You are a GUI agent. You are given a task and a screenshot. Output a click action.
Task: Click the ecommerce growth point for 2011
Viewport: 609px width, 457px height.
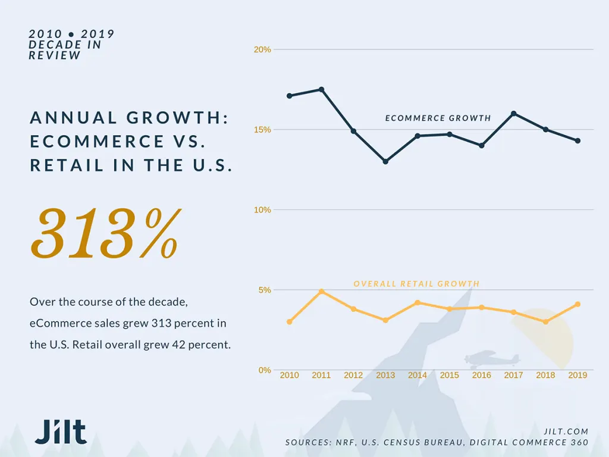tap(321, 90)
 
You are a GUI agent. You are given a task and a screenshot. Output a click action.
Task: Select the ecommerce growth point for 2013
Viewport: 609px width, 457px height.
tap(385, 161)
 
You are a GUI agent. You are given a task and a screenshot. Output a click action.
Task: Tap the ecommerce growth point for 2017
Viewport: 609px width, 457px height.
tap(513, 114)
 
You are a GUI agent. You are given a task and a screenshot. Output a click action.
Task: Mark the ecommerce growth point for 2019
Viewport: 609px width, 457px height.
tap(577, 140)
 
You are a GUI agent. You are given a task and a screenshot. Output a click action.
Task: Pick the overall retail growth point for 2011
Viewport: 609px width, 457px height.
tap(321, 292)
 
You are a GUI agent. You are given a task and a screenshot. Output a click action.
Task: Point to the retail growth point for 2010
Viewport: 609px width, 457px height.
tap(290, 322)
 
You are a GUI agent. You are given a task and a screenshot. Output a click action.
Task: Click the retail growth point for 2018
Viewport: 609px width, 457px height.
tap(546, 322)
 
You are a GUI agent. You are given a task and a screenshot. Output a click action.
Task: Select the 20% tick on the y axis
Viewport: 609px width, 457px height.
tap(262, 50)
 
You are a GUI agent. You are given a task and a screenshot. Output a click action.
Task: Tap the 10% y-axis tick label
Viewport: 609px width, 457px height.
tap(262, 210)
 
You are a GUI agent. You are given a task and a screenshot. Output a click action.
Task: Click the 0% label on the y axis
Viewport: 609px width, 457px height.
tap(265, 370)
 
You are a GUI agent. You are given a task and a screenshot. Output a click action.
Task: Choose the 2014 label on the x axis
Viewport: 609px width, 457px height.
tap(417, 375)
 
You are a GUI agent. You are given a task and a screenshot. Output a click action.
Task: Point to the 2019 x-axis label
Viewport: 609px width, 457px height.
tap(577, 375)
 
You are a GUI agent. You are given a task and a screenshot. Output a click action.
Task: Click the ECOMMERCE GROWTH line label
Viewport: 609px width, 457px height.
tap(438, 118)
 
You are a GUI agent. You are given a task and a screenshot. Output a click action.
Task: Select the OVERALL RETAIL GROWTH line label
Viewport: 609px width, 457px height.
tap(416, 284)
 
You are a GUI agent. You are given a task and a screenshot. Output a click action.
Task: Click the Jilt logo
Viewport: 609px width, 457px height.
tap(61, 431)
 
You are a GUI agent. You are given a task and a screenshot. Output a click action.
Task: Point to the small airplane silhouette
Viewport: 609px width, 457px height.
tap(492, 359)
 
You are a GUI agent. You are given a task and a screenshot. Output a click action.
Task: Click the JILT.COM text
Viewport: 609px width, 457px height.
tap(566, 431)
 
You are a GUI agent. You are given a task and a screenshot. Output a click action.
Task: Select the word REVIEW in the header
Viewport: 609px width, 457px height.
tap(54, 55)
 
